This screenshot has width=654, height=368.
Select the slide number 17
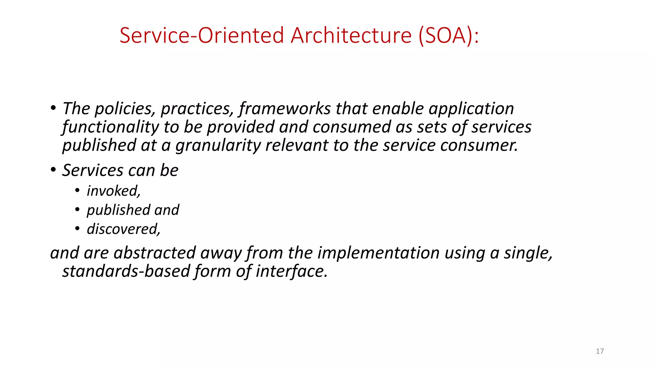(600, 351)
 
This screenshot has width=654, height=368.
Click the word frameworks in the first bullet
(285, 109)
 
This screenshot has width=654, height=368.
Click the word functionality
(110, 127)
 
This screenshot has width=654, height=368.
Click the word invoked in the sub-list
(113, 191)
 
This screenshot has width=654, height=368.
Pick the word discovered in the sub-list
(123, 229)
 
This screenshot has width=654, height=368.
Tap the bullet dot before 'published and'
(77, 210)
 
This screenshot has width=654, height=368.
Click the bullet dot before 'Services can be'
(53, 170)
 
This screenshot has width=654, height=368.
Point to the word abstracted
(155, 253)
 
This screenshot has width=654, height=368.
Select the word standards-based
(126, 271)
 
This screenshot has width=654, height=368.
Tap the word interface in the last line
(291, 271)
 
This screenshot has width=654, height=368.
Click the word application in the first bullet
(471, 109)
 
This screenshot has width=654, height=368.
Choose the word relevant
(296, 146)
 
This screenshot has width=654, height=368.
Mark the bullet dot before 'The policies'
(53, 108)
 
